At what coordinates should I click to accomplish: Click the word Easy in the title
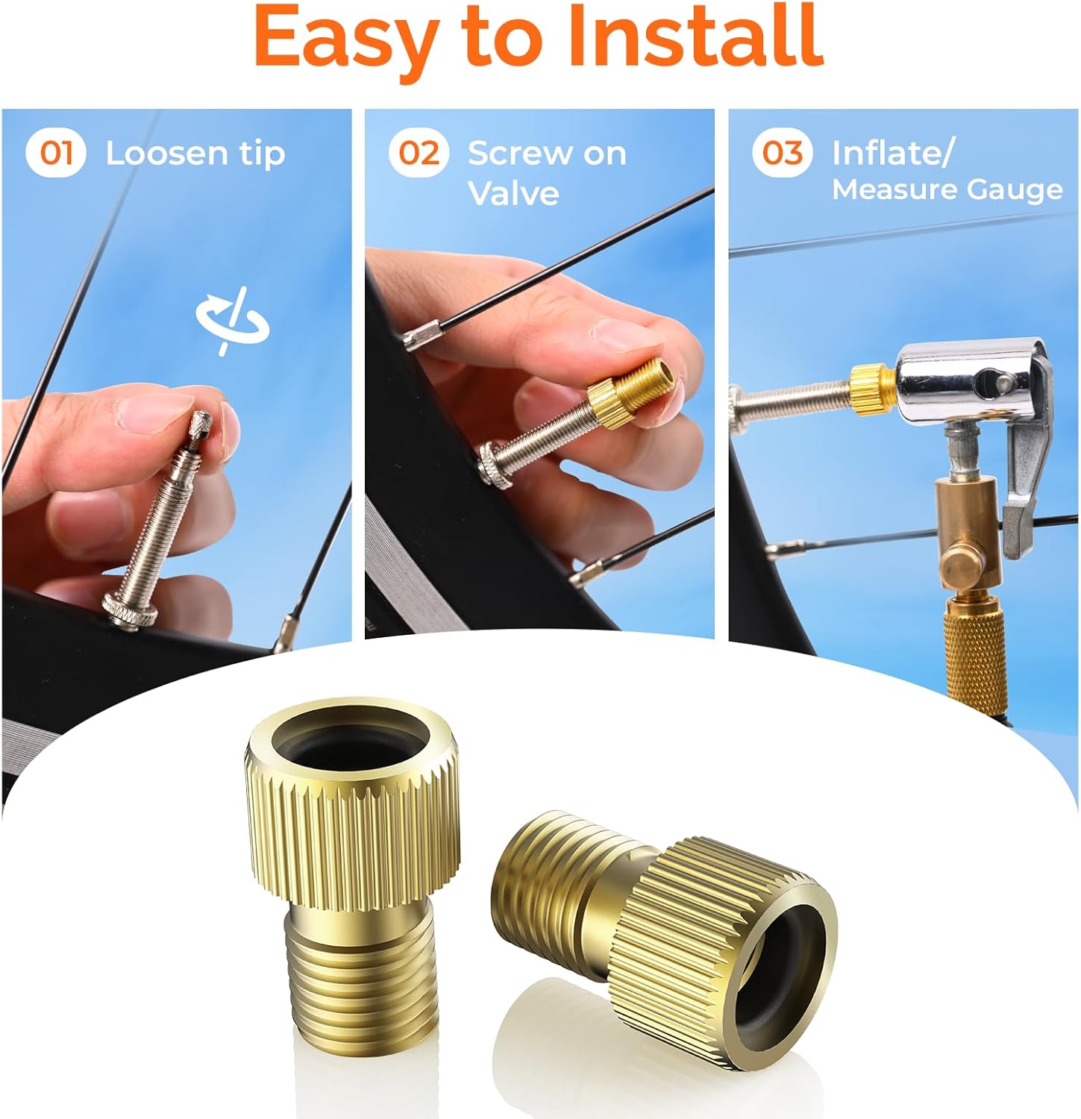345,37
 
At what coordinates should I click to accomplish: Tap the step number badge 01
56,153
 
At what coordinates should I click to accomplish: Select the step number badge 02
419,153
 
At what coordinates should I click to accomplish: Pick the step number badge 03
782,153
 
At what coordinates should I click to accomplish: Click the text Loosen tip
195,154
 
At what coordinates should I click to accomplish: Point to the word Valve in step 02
513,194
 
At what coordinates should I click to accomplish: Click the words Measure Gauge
947,189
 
